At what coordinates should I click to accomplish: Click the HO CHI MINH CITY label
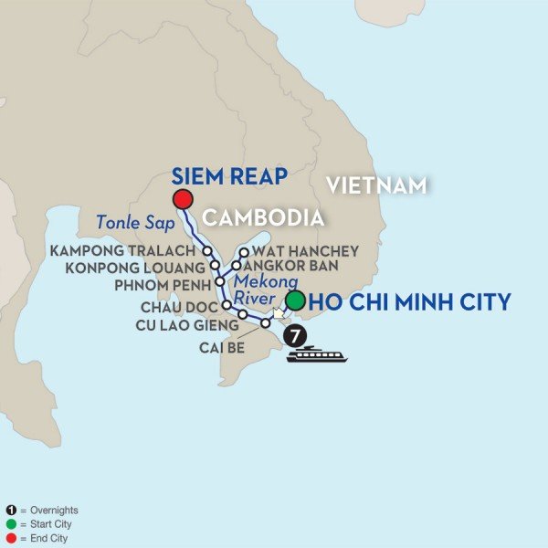click(411, 302)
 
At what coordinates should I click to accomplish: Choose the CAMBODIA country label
click(263, 218)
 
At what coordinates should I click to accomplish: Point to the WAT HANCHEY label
click(301, 249)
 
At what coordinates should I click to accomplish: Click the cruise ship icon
click(317, 354)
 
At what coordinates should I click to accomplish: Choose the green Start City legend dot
click(9, 524)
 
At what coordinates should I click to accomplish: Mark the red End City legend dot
click(9, 538)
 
